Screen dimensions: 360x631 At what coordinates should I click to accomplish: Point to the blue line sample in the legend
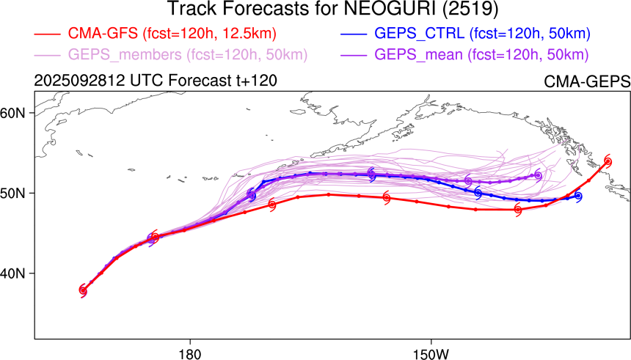[x=354, y=34]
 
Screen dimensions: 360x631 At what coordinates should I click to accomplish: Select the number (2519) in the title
[x=439, y=10]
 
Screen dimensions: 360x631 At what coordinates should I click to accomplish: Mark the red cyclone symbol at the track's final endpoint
[x=608, y=161]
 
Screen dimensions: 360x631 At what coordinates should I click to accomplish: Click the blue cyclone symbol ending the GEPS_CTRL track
[x=578, y=196]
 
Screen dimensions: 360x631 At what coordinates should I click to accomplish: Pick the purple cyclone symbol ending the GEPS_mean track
[x=538, y=175]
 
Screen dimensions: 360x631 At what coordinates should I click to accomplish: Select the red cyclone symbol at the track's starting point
[x=83, y=291]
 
